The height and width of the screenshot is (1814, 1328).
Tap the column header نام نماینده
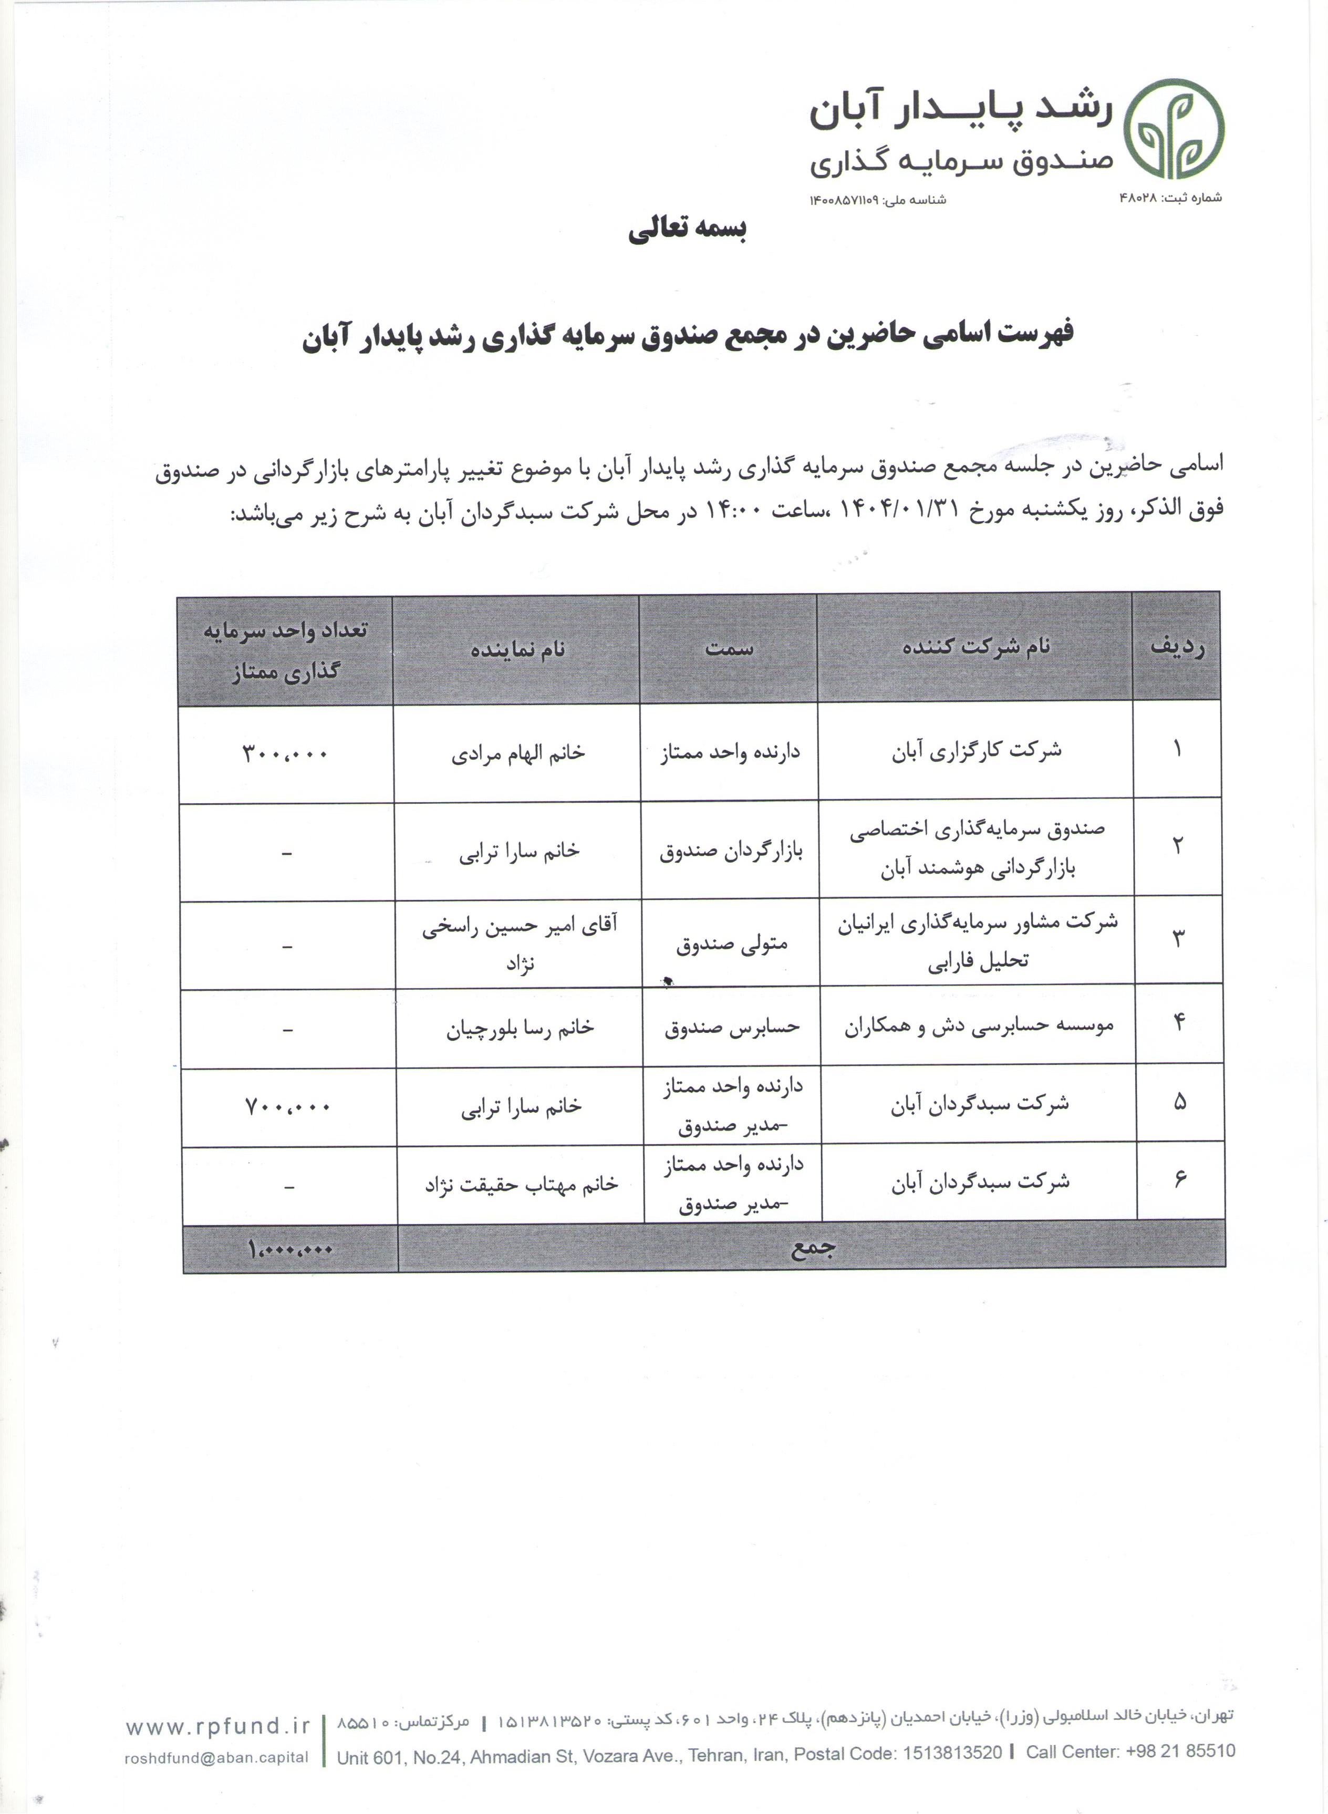coord(517,649)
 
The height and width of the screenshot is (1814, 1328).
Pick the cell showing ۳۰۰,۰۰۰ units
coord(285,754)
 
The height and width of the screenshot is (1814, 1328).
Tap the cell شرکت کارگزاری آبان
coord(976,751)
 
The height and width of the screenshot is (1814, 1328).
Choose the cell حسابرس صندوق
coord(732,1028)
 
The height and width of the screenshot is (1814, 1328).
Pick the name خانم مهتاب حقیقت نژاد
coord(521,1185)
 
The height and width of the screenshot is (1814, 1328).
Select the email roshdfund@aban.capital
coord(216,1757)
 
